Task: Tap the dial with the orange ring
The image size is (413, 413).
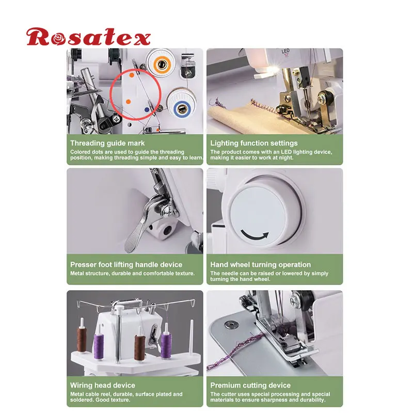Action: click(160, 63)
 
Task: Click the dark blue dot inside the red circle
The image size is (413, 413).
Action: click(146, 109)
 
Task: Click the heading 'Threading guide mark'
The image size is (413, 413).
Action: click(107, 143)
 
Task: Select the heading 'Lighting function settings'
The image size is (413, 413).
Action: click(253, 143)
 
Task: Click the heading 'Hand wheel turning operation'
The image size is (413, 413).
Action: click(260, 265)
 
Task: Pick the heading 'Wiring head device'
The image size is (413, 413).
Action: click(103, 385)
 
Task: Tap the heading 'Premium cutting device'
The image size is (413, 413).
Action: click(250, 385)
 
